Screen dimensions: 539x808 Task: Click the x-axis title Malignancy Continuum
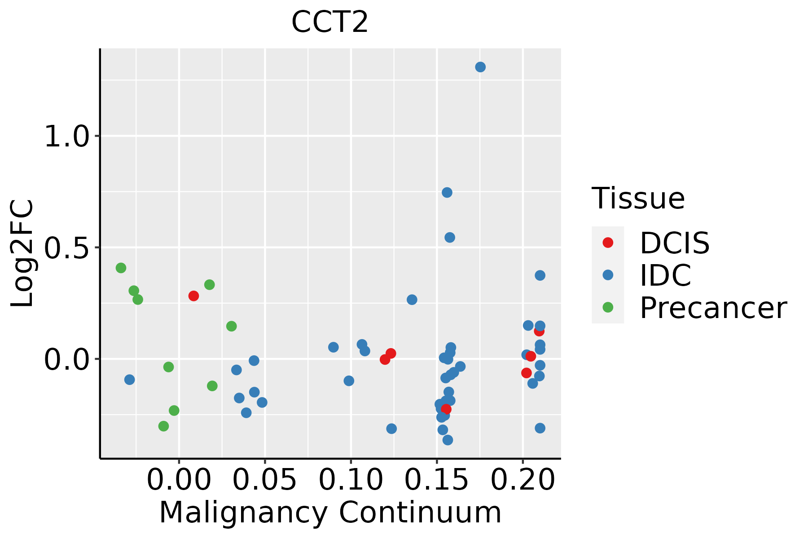pyautogui.click(x=330, y=512)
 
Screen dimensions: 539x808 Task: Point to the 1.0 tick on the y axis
pyautogui.click(x=67, y=136)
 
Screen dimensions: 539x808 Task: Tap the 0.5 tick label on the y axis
pyautogui.click(x=67, y=248)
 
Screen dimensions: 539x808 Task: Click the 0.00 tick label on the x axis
pyautogui.click(x=179, y=480)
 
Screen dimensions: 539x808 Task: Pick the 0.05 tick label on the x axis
pyautogui.click(x=265, y=480)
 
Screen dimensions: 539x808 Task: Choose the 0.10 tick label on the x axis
pyautogui.click(x=351, y=480)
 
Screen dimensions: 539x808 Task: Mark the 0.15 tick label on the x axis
pyautogui.click(x=437, y=480)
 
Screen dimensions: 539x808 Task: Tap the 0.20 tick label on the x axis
pyautogui.click(x=523, y=480)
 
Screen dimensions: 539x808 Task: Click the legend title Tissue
pyautogui.click(x=638, y=198)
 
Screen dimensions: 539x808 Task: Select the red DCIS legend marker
pyautogui.click(x=608, y=243)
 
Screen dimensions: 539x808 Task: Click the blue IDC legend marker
pyautogui.click(x=608, y=275)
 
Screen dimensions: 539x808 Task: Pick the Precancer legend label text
pyautogui.click(x=713, y=308)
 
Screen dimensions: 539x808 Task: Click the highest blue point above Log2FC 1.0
pyautogui.click(x=480, y=67)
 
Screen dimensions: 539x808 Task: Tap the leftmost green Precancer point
pyautogui.click(x=121, y=268)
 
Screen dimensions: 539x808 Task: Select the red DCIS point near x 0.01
pyautogui.click(x=193, y=296)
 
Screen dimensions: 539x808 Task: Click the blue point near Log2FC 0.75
pyautogui.click(x=447, y=193)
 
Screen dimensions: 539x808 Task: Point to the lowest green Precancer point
pyautogui.click(x=164, y=426)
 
